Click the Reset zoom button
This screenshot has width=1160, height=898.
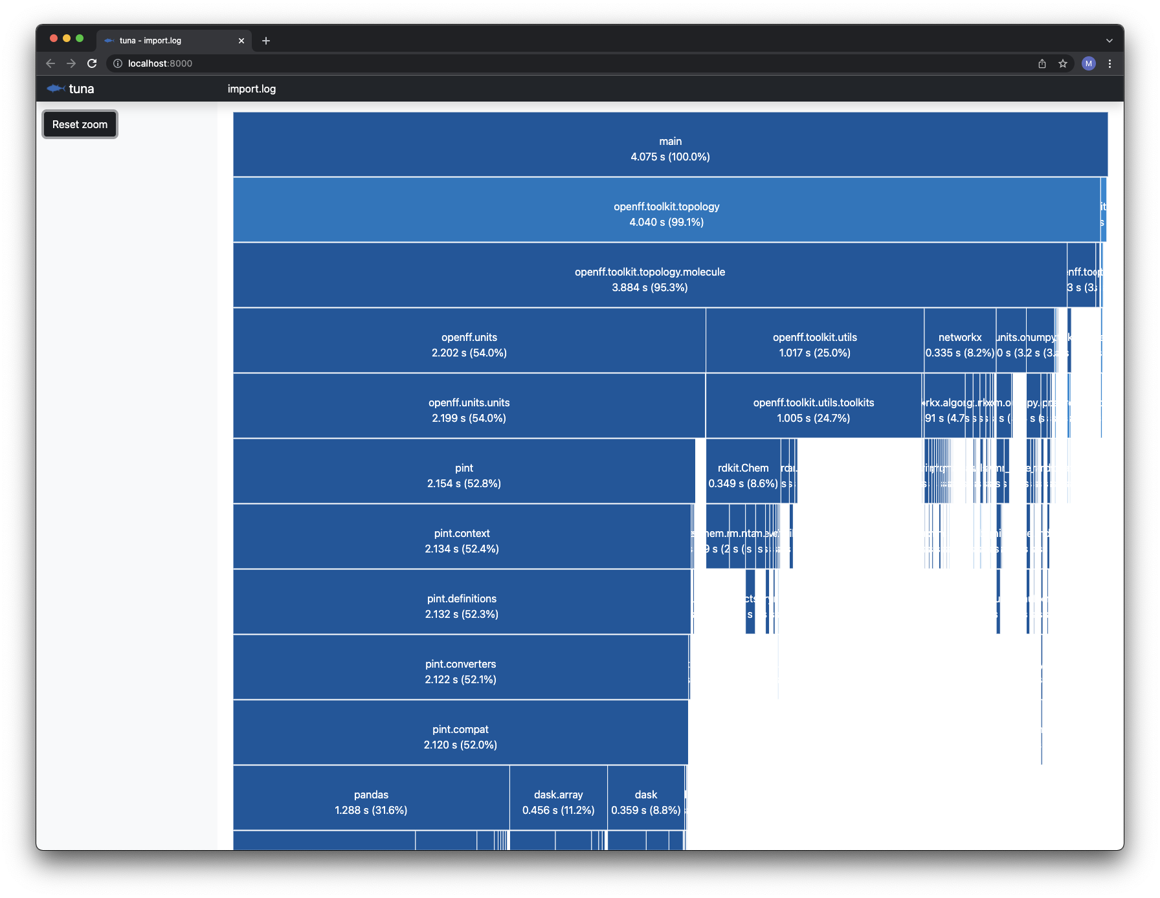click(x=80, y=124)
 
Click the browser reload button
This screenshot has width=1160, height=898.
click(x=92, y=63)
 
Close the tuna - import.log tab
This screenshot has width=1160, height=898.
click(x=241, y=41)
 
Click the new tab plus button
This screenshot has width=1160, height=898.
click(x=266, y=41)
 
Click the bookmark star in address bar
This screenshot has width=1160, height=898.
click(x=1062, y=63)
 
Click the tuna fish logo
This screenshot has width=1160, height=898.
click(x=56, y=89)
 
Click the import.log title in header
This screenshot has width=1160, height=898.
click(x=252, y=89)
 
